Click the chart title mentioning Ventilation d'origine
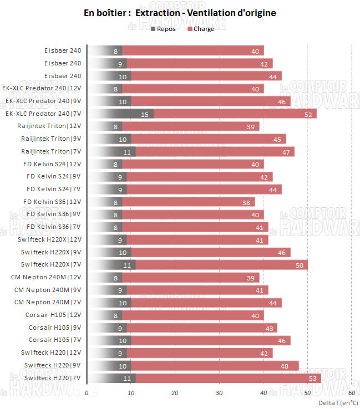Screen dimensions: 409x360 [180, 12]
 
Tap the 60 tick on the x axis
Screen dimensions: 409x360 [352, 393]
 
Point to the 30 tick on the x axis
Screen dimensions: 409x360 [219, 393]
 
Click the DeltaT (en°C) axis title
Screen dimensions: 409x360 [338, 402]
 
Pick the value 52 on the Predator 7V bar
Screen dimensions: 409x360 [308, 114]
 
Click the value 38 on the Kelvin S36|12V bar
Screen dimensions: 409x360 [246, 202]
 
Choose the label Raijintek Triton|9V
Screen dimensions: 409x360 [51, 139]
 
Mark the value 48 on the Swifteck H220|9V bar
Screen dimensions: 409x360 [290, 366]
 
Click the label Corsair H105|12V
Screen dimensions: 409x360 [53, 315]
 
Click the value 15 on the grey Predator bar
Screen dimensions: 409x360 [145, 114]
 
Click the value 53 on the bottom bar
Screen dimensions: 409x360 [312, 378]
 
